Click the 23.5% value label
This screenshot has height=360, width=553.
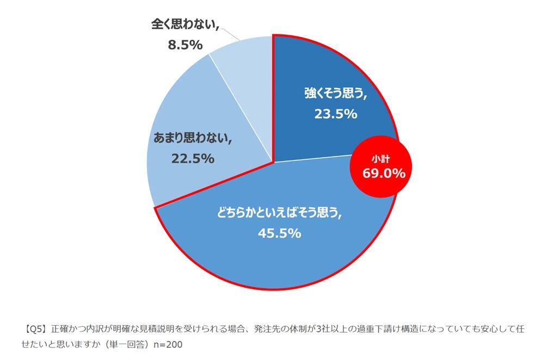click(x=335, y=114)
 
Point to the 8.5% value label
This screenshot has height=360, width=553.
click(x=185, y=45)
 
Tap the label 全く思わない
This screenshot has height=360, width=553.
click(x=185, y=24)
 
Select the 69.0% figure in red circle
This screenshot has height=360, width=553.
click(x=384, y=173)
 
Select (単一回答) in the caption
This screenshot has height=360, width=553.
click(x=129, y=345)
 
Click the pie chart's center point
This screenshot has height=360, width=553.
click(x=273, y=162)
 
